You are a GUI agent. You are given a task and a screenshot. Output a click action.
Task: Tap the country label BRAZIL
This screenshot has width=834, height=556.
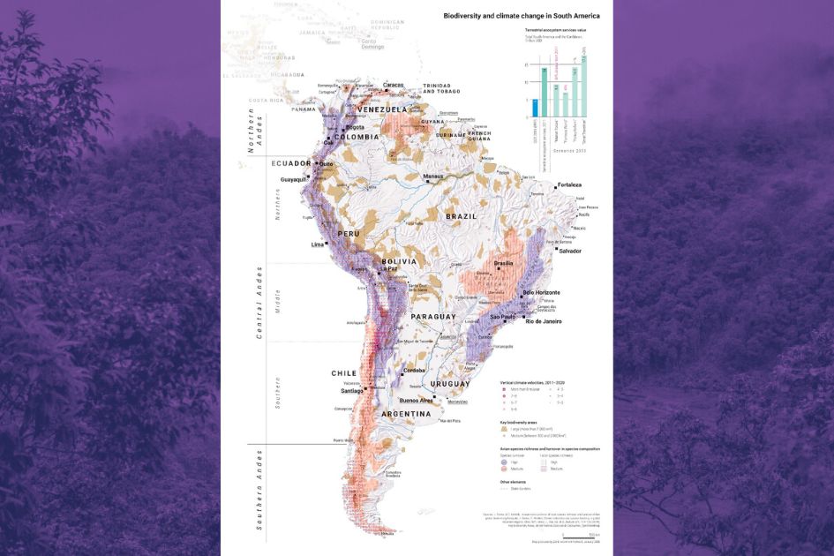click(460, 215)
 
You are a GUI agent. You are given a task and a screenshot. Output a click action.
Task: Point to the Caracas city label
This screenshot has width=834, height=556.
click(394, 86)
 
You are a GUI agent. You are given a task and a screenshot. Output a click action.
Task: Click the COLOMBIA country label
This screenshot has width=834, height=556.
click(357, 137)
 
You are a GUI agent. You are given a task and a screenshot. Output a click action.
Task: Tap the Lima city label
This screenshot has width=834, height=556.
click(319, 244)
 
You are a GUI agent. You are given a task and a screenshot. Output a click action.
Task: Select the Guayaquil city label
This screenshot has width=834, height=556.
click(293, 179)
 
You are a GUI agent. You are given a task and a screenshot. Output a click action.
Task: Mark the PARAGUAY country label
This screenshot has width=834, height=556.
click(432, 316)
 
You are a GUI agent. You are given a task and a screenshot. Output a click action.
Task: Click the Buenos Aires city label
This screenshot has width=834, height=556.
click(416, 400)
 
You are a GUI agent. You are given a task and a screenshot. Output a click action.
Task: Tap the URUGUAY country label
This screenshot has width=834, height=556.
click(451, 386)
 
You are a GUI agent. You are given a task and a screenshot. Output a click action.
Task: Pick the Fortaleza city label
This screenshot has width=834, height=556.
click(570, 185)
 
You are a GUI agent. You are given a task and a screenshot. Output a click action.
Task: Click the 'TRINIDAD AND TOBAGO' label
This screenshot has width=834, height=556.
click(443, 89)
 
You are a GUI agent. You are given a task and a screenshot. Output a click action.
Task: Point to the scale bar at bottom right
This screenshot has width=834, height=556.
click(582, 535)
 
